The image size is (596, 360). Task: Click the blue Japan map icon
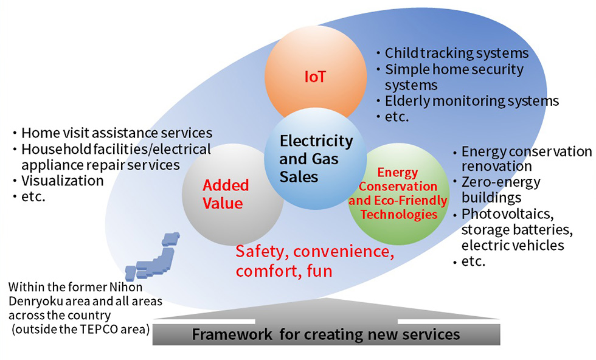pos(152,257)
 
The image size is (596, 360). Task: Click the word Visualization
pos(62,181)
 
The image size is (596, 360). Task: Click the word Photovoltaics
pos(507,214)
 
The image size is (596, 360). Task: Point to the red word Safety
pos(262,252)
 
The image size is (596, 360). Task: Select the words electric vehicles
pos(513,246)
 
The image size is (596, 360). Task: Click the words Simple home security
pos(454,69)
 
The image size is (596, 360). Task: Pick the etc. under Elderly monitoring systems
pos(397,117)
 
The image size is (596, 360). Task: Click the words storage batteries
pos(517,230)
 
